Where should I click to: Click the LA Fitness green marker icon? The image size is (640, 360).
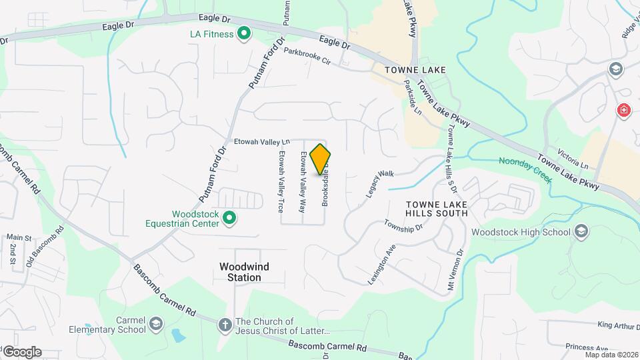click(x=244, y=32)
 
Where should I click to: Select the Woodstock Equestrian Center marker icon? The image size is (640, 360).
click(x=229, y=217)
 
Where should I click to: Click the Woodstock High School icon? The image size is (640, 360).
click(x=581, y=231)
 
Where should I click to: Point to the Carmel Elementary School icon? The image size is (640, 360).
click(x=155, y=323)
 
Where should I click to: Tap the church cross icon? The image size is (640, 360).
click(x=225, y=325)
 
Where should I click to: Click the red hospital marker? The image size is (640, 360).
click(x=624, y=110)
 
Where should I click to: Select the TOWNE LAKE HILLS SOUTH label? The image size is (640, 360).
click(x=437, y=208)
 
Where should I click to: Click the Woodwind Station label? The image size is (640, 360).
click(x=245, y=272)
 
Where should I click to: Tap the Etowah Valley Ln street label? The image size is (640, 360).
click(x=263, y=141)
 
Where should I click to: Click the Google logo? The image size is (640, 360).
click(x=22, y=352)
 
